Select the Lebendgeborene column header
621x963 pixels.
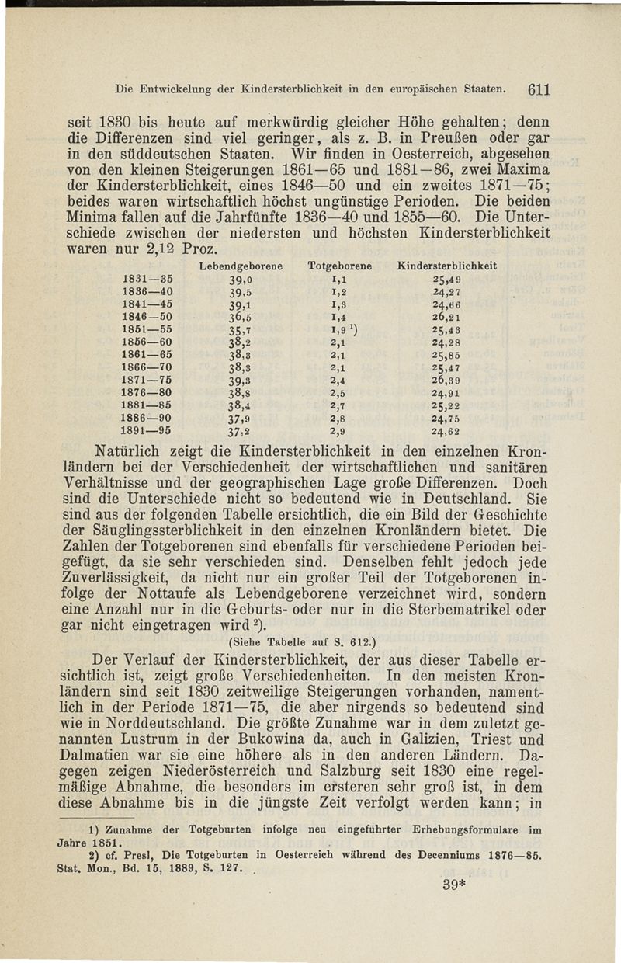pyautogui.click(x=239, y=266)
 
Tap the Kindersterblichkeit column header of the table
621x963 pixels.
pyautogui.click(x=446, y=266)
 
